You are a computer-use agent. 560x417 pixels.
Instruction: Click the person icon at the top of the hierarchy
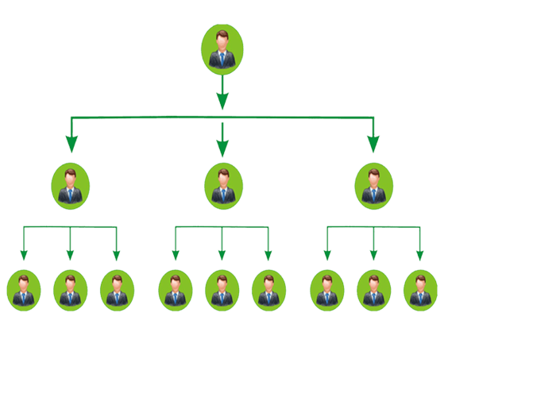click(222, 49)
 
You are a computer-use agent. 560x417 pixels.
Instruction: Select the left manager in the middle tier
click(71, 186)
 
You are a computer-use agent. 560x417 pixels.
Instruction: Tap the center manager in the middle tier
click(223, 186)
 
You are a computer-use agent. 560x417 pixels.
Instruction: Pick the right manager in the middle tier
click(373, 186)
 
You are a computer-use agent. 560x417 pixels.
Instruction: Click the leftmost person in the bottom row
click(24, 290)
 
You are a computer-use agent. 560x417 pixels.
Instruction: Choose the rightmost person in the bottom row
click(420, 290)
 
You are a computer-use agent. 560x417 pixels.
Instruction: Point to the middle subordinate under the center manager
click(222, 290)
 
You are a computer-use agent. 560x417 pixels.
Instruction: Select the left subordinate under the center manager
click(176, 290)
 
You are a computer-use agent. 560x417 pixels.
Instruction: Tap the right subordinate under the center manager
click(268, 290)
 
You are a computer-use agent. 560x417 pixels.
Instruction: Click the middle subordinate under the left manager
click(70, 290)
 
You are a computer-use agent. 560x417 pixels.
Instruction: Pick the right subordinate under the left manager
click(117, 290)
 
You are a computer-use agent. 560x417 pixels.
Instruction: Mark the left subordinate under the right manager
click(326, 290)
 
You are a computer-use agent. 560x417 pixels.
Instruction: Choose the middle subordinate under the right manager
click(373, 290)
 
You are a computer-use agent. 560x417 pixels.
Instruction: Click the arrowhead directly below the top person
click(222, 101)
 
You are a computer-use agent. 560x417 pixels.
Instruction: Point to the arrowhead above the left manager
click(71, 144)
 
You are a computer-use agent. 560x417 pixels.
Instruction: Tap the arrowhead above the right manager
click(373, 144)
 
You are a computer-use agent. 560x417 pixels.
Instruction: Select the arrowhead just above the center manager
click(222, 147)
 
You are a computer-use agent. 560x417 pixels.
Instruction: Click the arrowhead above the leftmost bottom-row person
click(24, 255)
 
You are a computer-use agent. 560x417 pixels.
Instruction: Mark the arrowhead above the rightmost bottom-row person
click(419, 255)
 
